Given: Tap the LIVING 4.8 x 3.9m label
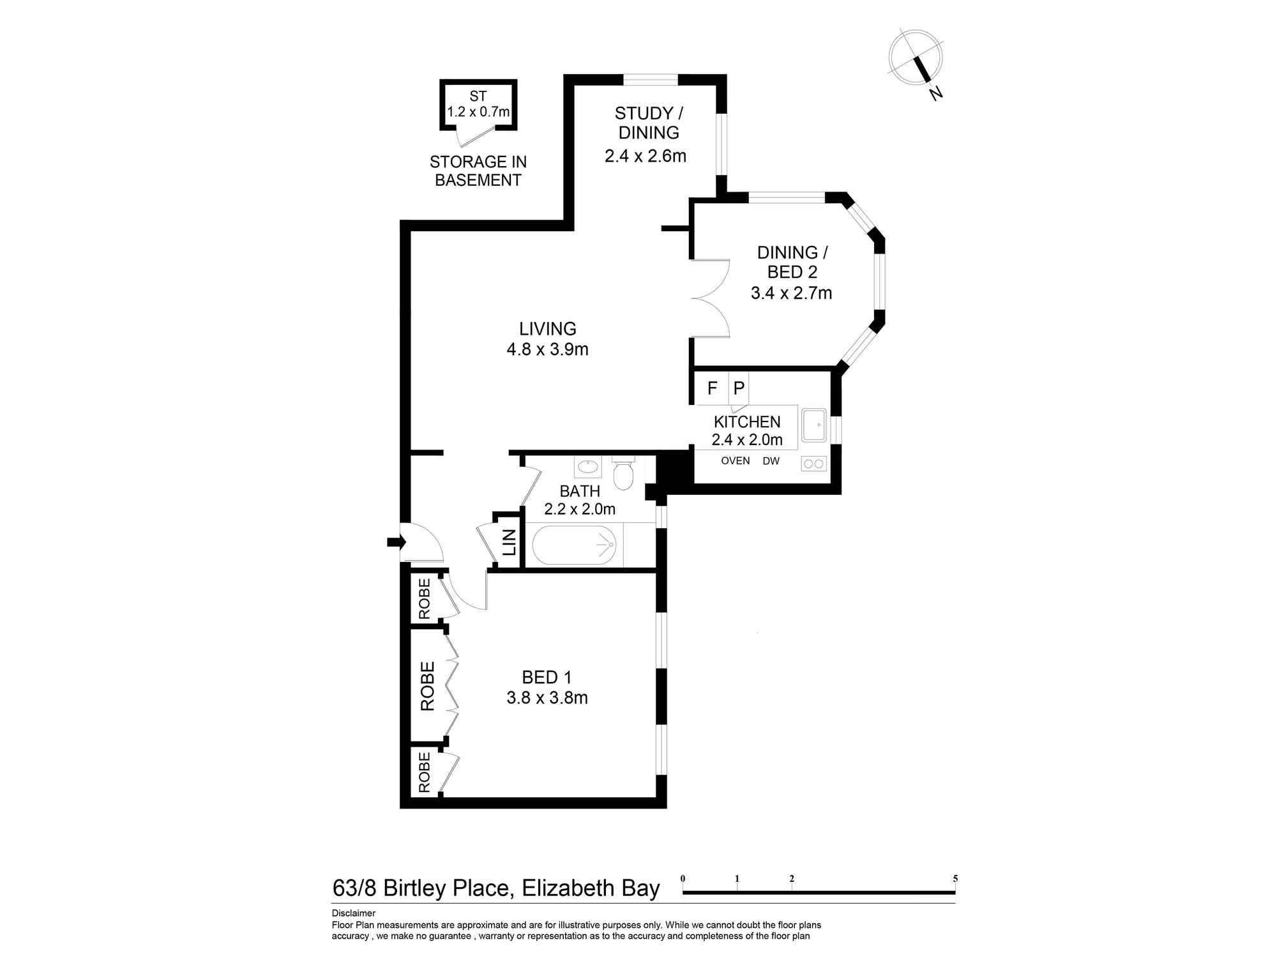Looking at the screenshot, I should click(x=547, y=339).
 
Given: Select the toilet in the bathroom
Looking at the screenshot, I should click(x=622, y=473).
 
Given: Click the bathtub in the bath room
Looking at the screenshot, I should click(x=574, y=545).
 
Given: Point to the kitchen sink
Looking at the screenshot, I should click(x=814, y=425).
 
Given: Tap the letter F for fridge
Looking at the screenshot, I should click(x=713, y=388).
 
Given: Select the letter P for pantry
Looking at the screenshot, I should click(x=739, y=388).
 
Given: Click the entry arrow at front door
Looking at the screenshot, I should click(x=396, y=542).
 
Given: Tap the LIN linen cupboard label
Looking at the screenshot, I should click(x=510, y=542).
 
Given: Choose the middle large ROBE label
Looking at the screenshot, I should click(x=427, y=687).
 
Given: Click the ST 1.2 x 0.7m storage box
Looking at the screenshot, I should click(x=478, y=105).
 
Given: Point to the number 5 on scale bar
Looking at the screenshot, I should click(x=955, y=879).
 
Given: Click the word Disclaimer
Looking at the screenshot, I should click(x=353, y=913).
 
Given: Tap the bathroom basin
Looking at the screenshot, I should click(x=587, y=467).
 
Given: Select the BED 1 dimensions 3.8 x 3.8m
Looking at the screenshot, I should click(x=547, y=698).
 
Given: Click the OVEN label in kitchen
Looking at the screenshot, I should click(x=735, y=461).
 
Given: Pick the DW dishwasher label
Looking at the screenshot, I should click(x=771, y=461).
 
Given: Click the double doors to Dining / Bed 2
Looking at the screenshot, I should click(x=710, y=298).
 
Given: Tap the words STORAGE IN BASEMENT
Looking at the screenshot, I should click(x=478, y=171).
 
